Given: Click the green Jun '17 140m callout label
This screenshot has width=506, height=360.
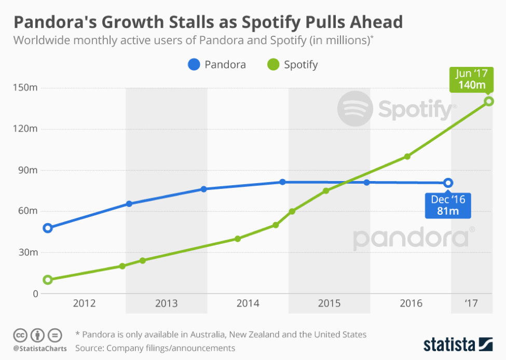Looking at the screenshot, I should tap(471, 79).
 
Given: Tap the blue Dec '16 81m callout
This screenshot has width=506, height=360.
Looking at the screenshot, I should tap(448, 205).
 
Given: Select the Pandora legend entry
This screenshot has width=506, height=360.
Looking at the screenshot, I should tap(217, 65).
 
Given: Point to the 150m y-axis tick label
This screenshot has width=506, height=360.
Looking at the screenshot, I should tap(25, 88).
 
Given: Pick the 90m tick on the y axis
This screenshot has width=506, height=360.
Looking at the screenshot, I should tap(28, 170).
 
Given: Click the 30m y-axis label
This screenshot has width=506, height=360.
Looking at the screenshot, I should tap(28, 253).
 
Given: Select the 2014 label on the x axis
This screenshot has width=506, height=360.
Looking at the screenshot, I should tap(248, 303).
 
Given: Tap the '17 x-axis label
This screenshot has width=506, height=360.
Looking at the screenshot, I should tap(471, 303).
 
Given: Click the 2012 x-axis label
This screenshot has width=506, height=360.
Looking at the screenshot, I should tap(85, 303).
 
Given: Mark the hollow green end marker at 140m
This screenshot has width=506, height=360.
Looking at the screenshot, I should tap(488, 101).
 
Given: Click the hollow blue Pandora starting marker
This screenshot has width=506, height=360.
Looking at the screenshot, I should tap(48, 228).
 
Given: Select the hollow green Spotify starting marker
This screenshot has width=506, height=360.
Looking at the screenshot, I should tap(48, 280).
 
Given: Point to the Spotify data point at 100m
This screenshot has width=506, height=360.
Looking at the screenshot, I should tap(407, 156).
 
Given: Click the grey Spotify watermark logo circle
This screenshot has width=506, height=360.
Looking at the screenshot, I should tap(355, 109).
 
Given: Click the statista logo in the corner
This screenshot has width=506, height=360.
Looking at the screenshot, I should tap(457, 344).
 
